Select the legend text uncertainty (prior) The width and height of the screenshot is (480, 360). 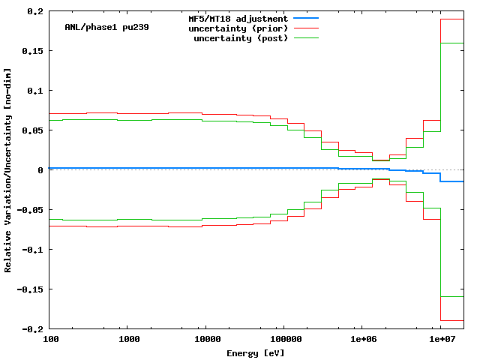[238, 28]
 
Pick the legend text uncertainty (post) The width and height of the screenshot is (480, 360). [241, 37]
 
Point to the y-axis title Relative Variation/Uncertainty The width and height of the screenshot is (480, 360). [8, 169]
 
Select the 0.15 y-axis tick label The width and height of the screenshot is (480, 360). [32, 51]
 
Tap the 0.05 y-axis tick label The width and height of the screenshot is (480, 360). [32, 130]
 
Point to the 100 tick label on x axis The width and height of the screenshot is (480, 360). [51, 340]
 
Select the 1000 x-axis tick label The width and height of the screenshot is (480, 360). [129, 340]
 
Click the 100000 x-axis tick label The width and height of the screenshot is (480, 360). [283, 340]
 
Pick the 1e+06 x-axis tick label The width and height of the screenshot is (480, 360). [362, 340]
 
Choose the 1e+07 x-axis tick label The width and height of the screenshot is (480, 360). [440, 340]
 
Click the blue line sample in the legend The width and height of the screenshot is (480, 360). [306, 18]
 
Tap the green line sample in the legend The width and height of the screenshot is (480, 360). [306, 37]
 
